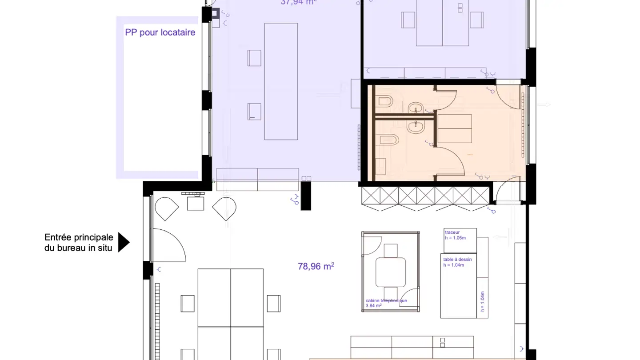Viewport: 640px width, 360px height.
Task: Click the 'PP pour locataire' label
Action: pos(160,32)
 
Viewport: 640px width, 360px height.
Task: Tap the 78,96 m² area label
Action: pos(316,267)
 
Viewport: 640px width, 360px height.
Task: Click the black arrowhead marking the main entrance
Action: pos(124,243)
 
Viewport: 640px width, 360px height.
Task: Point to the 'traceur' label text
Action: pos(452,232)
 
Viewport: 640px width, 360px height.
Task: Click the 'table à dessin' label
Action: pos(457,260)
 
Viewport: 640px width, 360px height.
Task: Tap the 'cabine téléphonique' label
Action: pos(386,300)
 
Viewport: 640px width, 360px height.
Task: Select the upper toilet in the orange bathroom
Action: pos(384,102)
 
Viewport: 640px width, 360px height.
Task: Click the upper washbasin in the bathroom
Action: pos(416,108)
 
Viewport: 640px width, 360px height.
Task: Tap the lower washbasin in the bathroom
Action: pos(417,127)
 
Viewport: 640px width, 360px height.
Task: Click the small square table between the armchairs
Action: pos(195,203)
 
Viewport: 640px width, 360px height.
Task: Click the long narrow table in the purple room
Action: pos(281,81)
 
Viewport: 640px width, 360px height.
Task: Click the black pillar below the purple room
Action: pos(305,196)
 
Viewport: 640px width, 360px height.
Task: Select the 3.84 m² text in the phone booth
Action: pos(373,306)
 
